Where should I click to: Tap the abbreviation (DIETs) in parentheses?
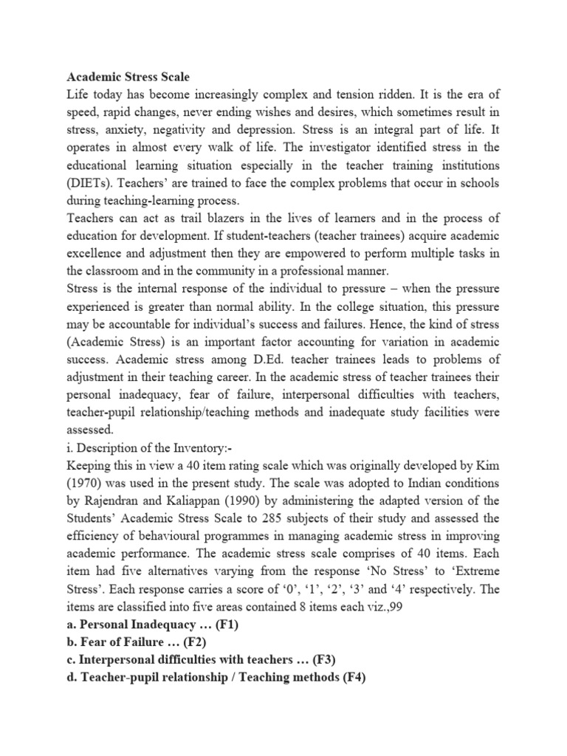point(92,165)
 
